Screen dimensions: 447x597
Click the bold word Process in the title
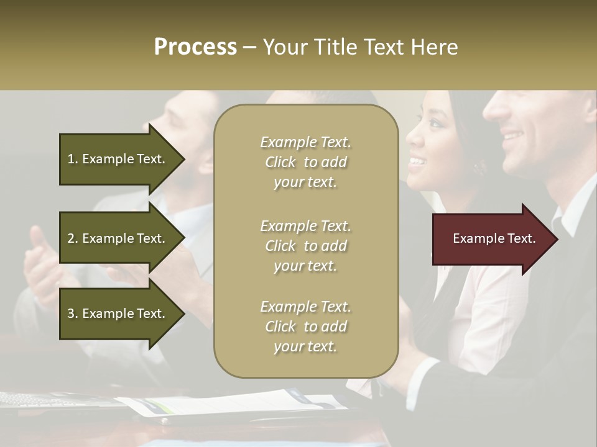pyautogui.click(x=195, y=47)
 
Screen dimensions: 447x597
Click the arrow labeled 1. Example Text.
pyautogui.click(x=118, y=159)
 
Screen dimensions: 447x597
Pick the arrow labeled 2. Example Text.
pyautogui.click(x=118, y=238)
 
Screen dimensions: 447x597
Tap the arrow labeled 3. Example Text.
pyautogui.click(x=118, y=314)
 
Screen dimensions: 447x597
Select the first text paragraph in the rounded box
pyautogui.click(x=305, y=162)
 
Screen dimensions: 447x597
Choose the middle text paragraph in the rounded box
pyautogui.click(x=305, y=246)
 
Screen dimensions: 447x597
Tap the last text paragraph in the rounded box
pyautogui.click(x=305, y=327)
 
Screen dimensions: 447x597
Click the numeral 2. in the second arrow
pyautogui.click(x=73, y=238)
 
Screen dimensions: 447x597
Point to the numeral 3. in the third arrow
pyautogui.click(x=73, y=314)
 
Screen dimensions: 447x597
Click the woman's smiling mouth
pyautogui.click(x=417, y=163)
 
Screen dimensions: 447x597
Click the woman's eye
pyautogui.click(x=435, y=124)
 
